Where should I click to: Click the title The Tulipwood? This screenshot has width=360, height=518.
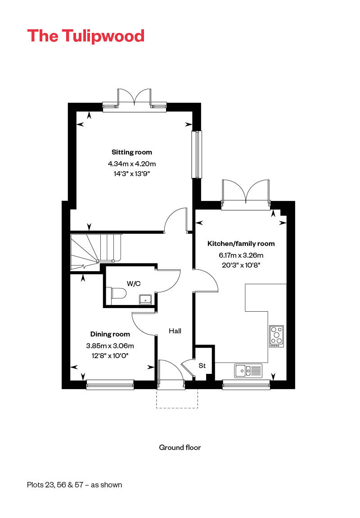coord(86,36)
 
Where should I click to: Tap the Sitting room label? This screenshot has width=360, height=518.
coord(132,152)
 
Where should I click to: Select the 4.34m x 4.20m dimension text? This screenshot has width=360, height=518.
coord(132,164)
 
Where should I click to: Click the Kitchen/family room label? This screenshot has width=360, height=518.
coord(241,244)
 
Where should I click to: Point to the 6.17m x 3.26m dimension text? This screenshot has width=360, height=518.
coord(241,255)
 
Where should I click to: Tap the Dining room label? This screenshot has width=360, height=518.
coord(110,334)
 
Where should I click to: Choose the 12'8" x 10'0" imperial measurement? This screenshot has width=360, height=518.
coord(110,356)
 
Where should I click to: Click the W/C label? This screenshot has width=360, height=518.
coord(134,283)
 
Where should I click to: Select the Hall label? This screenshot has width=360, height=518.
coord(175,331)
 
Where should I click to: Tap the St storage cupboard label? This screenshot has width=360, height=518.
coord(202,366)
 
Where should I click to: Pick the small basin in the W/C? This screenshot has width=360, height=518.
coord(145,300)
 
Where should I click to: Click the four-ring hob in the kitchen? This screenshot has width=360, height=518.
coord(276,336)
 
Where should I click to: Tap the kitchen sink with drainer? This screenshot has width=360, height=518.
coord(248,371)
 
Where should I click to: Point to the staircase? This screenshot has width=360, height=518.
coord(96,252)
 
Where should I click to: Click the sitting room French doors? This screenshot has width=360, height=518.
coord(135,99)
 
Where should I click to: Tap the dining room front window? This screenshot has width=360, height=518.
coord(110,385)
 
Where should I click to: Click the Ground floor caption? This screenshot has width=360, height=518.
coord(180,448)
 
